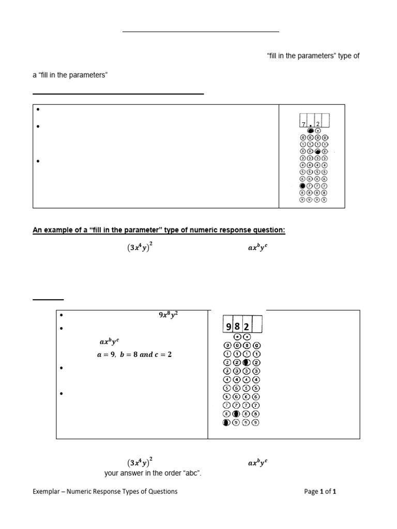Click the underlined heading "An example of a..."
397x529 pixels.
click(x=159, y=230)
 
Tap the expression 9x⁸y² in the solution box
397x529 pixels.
click(x=169, y=314)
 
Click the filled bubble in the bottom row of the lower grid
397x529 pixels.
click(x=226, y=423)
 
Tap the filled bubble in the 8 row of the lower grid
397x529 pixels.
click(x=236, y=414)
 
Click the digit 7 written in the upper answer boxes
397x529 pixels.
click(x=303, y=124)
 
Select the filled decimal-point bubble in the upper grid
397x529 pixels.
click(x=311, y=131)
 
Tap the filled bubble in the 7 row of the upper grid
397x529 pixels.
click(x=303, y=185)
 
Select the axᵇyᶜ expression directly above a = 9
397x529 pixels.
click(x=110, y=342)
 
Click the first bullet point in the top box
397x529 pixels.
click(x=38, y=110)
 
